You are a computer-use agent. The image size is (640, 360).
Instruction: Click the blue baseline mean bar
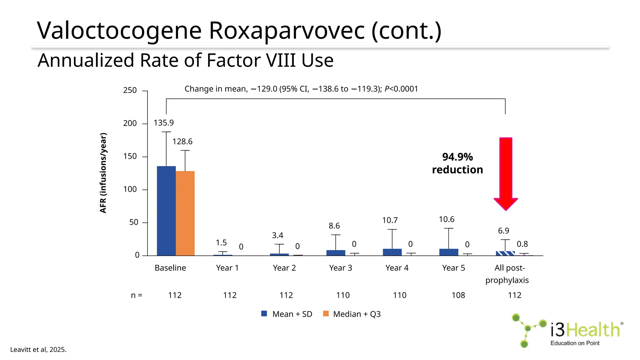[166, 211]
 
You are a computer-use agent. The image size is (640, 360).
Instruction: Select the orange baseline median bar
[185, 213]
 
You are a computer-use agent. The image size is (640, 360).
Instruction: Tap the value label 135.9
[163, 123]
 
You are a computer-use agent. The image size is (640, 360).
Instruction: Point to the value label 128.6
[182, 142]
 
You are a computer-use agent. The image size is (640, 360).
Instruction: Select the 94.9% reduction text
[457, 163]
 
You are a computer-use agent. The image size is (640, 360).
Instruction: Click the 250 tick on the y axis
[130, 90]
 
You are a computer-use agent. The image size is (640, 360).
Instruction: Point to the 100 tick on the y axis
[130, 189]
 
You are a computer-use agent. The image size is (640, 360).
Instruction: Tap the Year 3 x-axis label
[340, 268]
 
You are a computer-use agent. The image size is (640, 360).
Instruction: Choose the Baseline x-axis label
[170, 268]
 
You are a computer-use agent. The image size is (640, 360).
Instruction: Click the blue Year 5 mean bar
[448, 252]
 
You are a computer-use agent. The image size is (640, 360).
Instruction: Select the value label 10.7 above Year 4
[390, 220]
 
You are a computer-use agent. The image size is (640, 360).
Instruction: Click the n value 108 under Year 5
[458, 295]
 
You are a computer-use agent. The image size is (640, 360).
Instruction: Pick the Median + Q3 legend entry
[352, 314]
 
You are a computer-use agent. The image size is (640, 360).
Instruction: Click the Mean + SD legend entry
[287, 314]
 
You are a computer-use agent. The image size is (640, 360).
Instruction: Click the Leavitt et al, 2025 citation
[38, 350]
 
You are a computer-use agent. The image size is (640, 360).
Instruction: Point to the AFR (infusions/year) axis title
[103, 173]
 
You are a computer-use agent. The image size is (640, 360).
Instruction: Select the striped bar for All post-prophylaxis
[505, 253]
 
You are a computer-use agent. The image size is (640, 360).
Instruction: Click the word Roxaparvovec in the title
[287, 31]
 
